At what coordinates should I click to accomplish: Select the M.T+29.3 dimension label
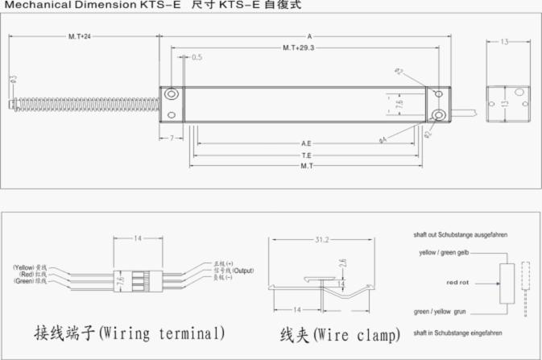[298, 48]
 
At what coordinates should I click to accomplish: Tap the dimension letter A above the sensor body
[309, 36]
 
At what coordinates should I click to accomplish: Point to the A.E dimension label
[306, 143]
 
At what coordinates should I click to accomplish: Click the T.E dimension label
[306, 155]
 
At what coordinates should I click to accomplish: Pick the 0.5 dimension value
[197, 57]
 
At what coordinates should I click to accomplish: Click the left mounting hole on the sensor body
[172, 96]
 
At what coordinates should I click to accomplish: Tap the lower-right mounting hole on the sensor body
[437, 115]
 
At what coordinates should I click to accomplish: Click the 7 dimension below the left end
[172, 139]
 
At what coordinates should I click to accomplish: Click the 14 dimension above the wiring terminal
[138, 239]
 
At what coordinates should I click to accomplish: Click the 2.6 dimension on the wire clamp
[341, 263]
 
